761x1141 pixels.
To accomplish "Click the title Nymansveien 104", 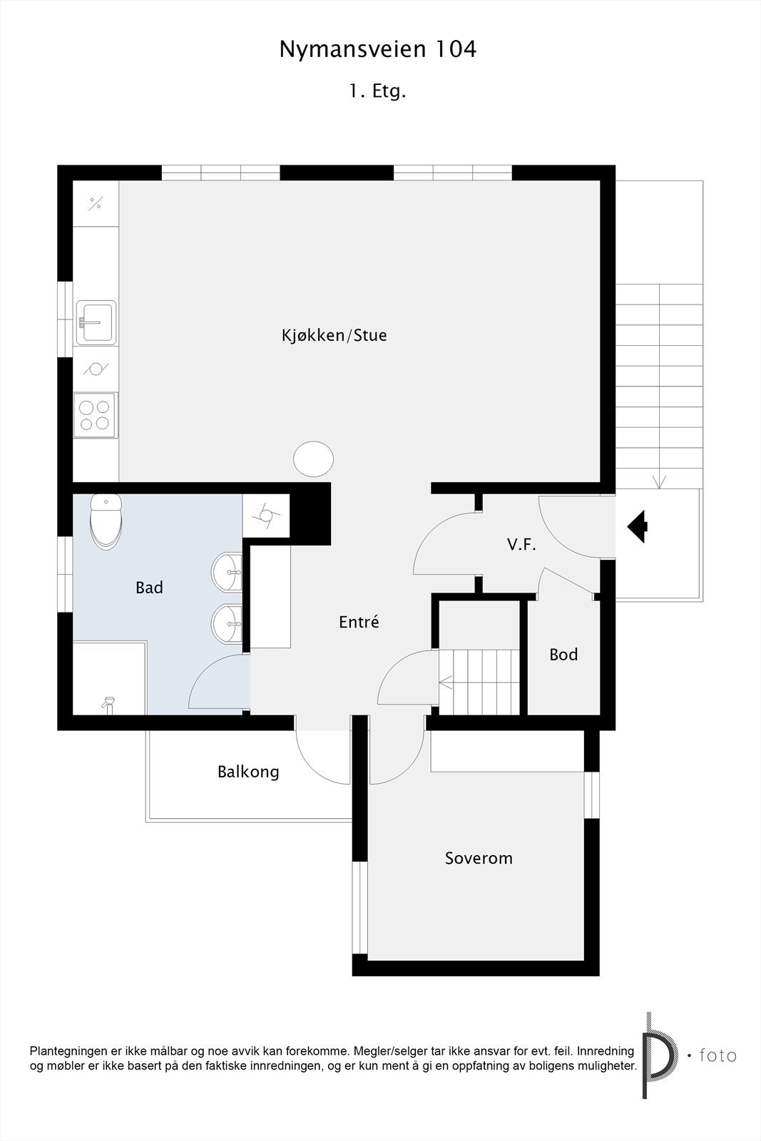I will tap(377, 49).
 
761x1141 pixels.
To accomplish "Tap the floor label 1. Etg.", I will tap(377, 91).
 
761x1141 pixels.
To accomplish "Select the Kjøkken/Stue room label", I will tap(334, 335).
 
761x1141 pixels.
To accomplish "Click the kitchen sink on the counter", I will tap(96, 322).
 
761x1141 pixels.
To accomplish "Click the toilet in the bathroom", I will tap(106, 519).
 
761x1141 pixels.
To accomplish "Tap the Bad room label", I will tap(149, 588).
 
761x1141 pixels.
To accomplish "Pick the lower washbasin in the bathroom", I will tap(228, 623).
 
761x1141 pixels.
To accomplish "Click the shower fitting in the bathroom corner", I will tap(108, 705).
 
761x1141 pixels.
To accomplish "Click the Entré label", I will tap(359, 622).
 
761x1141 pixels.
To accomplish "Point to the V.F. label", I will tap(521, 545).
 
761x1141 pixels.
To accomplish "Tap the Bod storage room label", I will tap(563, 655).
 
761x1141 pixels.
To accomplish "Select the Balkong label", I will tap(248, 772).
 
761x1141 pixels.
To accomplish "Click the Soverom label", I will tap(479, 858).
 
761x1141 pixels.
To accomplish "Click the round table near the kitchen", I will tap(314, 459).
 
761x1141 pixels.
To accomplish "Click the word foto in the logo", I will tap(717, 1055).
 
